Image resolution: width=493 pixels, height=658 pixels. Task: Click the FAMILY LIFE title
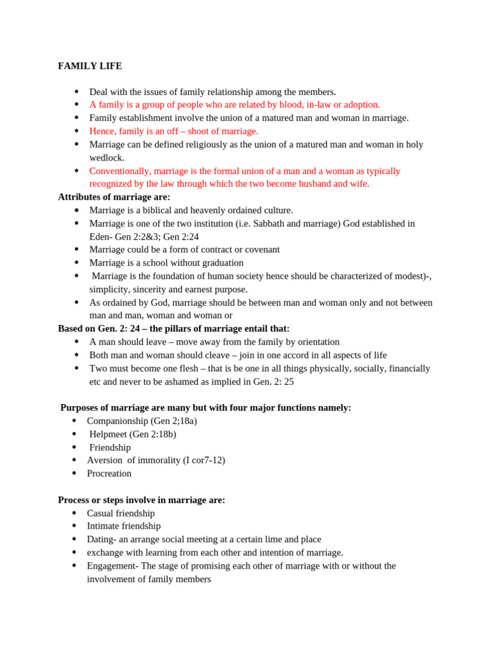click(x=90, y=66)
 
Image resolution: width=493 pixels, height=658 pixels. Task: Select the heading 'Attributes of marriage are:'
click(x=114, y=197)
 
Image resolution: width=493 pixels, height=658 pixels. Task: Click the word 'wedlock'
click(x=107, y=157)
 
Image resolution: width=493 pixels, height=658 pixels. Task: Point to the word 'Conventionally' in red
click(x=119, y=171)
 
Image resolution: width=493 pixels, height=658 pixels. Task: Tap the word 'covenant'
click(x=259, y=249)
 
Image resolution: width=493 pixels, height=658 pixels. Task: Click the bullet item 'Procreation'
click(x=109, y=474)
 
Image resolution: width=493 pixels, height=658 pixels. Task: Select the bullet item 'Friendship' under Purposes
click(x=110, y=447)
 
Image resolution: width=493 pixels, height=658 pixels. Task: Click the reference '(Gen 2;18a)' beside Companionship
click(x=173, y=421)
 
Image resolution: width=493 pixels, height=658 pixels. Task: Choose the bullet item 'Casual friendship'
click(x=121, y=513)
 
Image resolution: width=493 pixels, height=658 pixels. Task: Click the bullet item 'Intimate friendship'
click(x=124, y=526)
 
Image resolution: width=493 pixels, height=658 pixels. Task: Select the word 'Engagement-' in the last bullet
click(x=112, y=566)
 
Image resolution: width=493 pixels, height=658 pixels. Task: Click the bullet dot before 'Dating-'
click(x=74, y=540)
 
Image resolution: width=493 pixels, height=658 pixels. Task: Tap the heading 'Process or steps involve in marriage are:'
click(x=141, y=500)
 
